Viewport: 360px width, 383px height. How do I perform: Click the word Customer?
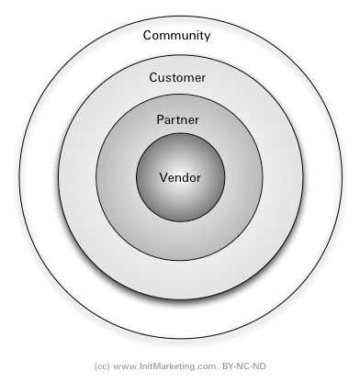click(177, 78)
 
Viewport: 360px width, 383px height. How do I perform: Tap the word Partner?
click(177, 120)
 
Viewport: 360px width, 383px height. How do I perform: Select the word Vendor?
click(179, 177)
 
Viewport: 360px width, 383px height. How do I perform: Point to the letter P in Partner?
click(160, 120)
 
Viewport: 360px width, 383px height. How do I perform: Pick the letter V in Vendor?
click(163, 177)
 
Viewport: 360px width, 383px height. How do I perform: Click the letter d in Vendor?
click(184, 177)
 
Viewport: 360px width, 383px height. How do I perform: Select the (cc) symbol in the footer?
click(102, 365)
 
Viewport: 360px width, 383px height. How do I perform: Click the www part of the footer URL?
click(123, 365)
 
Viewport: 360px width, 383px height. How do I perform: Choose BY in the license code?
click(229, 365)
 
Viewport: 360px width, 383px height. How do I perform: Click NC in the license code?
click(243, 365)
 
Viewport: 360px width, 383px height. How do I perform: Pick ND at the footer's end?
click(259, 365)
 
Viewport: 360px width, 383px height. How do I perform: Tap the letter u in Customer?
click(163, 78)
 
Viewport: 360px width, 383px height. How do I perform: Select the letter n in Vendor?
click(176, 177)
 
